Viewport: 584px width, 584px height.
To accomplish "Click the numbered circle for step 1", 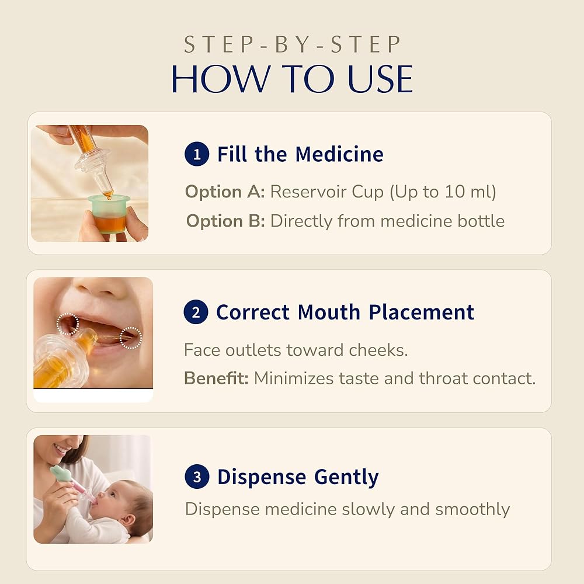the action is (x=197, y=154).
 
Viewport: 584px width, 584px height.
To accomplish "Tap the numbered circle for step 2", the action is (x=196, y=312).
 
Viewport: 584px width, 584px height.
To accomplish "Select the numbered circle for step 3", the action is (x=197, y=477).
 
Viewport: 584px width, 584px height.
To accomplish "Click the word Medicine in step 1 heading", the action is (x=339, y=154).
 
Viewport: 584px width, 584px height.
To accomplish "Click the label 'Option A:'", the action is (x=225, y=192).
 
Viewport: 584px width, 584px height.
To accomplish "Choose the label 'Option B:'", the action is (x=225, y=221).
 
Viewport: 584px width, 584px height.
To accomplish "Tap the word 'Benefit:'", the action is (x=216, y=378).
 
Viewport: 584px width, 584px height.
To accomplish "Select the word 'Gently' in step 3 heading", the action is (x=346, y=478).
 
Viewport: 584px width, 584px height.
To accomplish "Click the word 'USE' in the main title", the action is (x=380, y=79).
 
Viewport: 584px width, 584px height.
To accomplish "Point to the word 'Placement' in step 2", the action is (x=421, y=312).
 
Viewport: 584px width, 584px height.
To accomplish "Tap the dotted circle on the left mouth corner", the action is (x=67, y=324).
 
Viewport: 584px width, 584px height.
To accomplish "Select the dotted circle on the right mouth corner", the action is (x=131, y=338).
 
